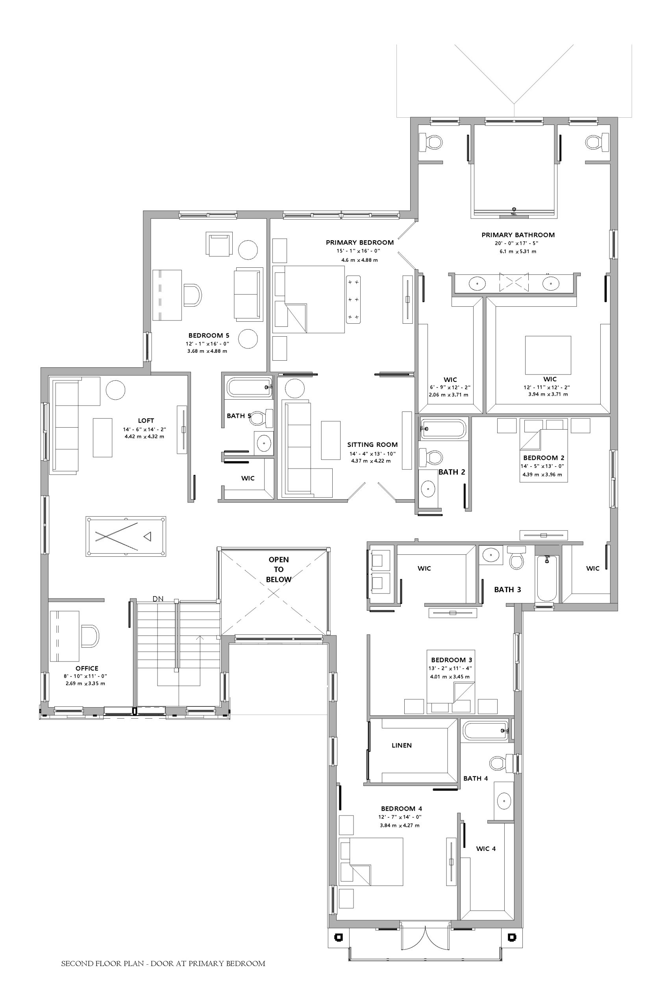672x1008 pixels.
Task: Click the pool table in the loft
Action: (126, 536)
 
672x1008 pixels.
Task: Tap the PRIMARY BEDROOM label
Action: (359, 243)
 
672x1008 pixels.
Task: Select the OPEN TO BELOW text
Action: (279, 570)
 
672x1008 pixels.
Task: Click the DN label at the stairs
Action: (158, 599)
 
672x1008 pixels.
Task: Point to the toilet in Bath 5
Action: (262, 418)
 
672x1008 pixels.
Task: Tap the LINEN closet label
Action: (402, 745)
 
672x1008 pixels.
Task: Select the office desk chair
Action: (90, 636)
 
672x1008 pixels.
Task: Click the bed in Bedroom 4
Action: (371, 862)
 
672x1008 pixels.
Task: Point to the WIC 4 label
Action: (486, 849)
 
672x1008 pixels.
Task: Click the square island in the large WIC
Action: (548, 355)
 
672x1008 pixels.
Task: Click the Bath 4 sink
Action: (504, 800)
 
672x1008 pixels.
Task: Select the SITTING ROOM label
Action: (372, 445)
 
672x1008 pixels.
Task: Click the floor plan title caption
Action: (163, 964)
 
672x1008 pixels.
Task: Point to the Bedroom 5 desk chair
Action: (193, 295)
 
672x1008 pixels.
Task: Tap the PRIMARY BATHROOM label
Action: (518, 235)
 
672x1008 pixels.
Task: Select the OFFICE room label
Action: (87, 668)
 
